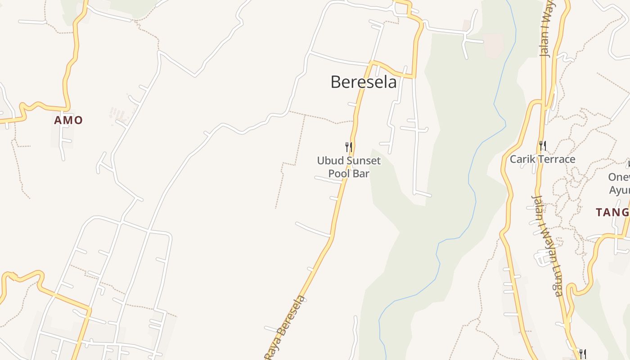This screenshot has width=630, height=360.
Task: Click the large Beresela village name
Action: (x=364, y=82)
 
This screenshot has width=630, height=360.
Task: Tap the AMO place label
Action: (x=68, y=120)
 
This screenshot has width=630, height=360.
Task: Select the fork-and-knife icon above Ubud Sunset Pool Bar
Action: (x=348, y=147)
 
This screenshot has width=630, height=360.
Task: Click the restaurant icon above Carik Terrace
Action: (x=543, y=146)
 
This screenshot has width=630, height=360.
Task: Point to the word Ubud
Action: (x=328, y=161)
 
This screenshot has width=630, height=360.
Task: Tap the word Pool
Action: (x=338, y=173)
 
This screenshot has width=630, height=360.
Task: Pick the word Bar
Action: (x=361, y=173)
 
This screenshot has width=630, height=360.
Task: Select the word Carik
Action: (x=522, y=159)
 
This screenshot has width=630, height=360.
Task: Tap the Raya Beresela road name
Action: (x=284, y=328)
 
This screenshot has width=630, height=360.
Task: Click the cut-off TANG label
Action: (x=612, y=212)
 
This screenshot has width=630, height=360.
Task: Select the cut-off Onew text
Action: (x=619, y=177)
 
